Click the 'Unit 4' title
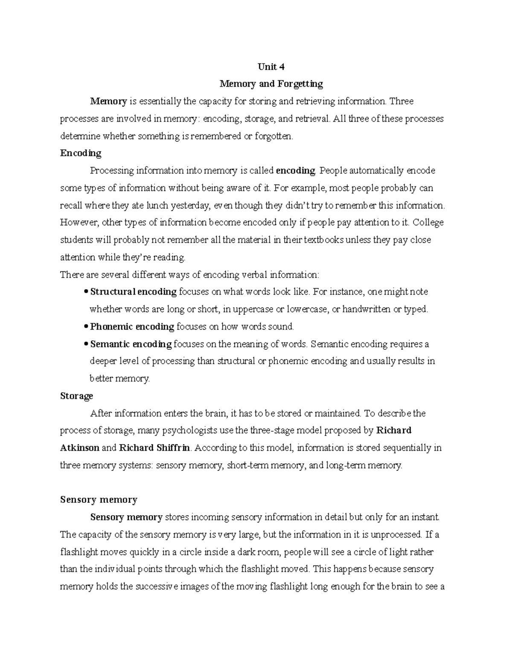click(x=271, y=67)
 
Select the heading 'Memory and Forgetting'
click(x=271, y=84)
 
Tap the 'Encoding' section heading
click(x=81, y=153)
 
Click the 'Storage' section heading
click(x=76, y=396)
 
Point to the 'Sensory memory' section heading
click(x=99, y=500)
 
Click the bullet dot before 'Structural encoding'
click(x=86, y=292)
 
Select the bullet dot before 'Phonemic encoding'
click(x=86, y=327)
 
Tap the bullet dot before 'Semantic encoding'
click(x=86, y=344)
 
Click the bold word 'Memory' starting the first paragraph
click(x=108, y=102)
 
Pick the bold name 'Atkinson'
click(x=80, y=448)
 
